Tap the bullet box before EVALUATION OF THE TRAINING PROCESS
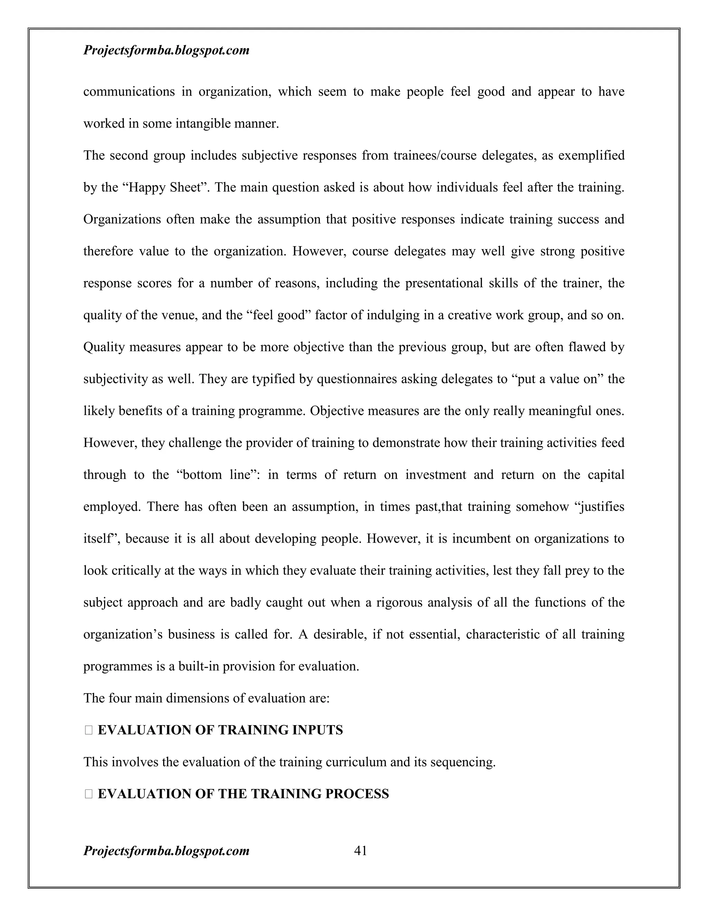(88, 794)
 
